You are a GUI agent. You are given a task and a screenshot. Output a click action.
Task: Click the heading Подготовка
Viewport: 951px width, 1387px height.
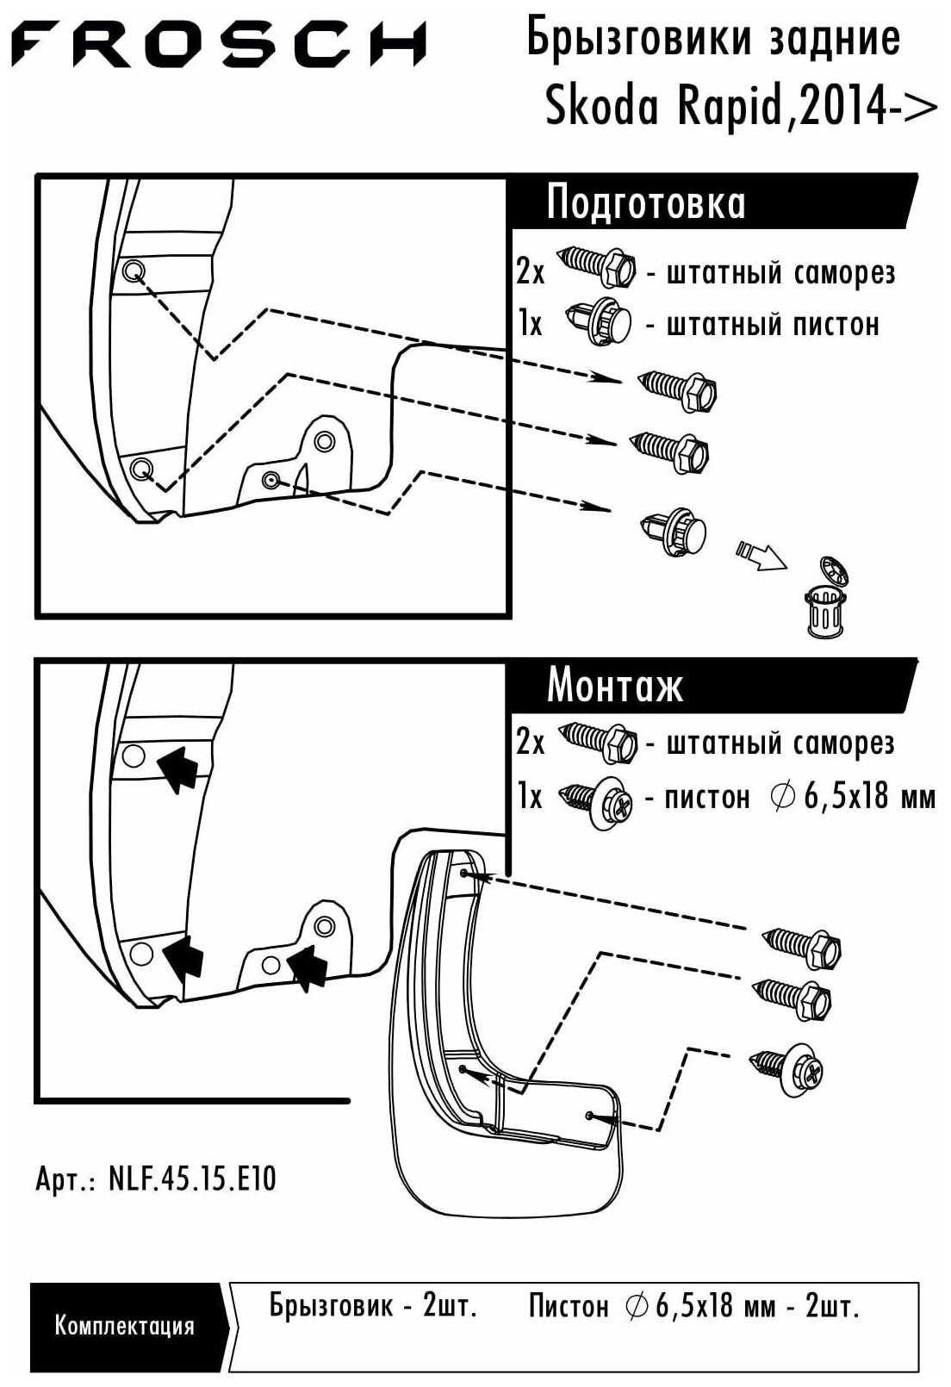pos(645,204)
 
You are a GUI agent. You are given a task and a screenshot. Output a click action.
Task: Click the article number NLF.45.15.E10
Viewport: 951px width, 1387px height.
pos(156,1179)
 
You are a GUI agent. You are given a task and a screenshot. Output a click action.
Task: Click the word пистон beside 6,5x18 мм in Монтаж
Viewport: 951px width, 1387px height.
pos(707,798)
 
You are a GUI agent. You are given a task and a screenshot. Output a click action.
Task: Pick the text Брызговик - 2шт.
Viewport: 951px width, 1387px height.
pos(373,1306)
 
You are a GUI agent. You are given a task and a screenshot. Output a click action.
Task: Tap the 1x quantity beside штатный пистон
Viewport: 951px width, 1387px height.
pos(531,325)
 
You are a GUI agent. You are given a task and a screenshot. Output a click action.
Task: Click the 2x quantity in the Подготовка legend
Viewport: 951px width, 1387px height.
pos(530,272)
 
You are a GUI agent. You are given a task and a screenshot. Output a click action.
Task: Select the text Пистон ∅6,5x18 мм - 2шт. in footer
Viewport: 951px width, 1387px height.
pos(694,1306)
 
